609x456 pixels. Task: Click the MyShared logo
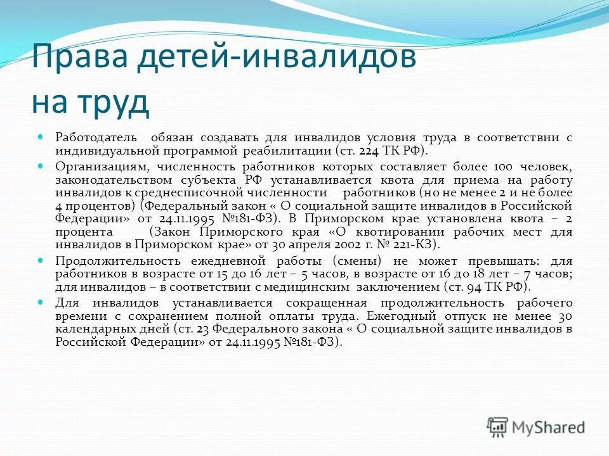coord(536,426)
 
